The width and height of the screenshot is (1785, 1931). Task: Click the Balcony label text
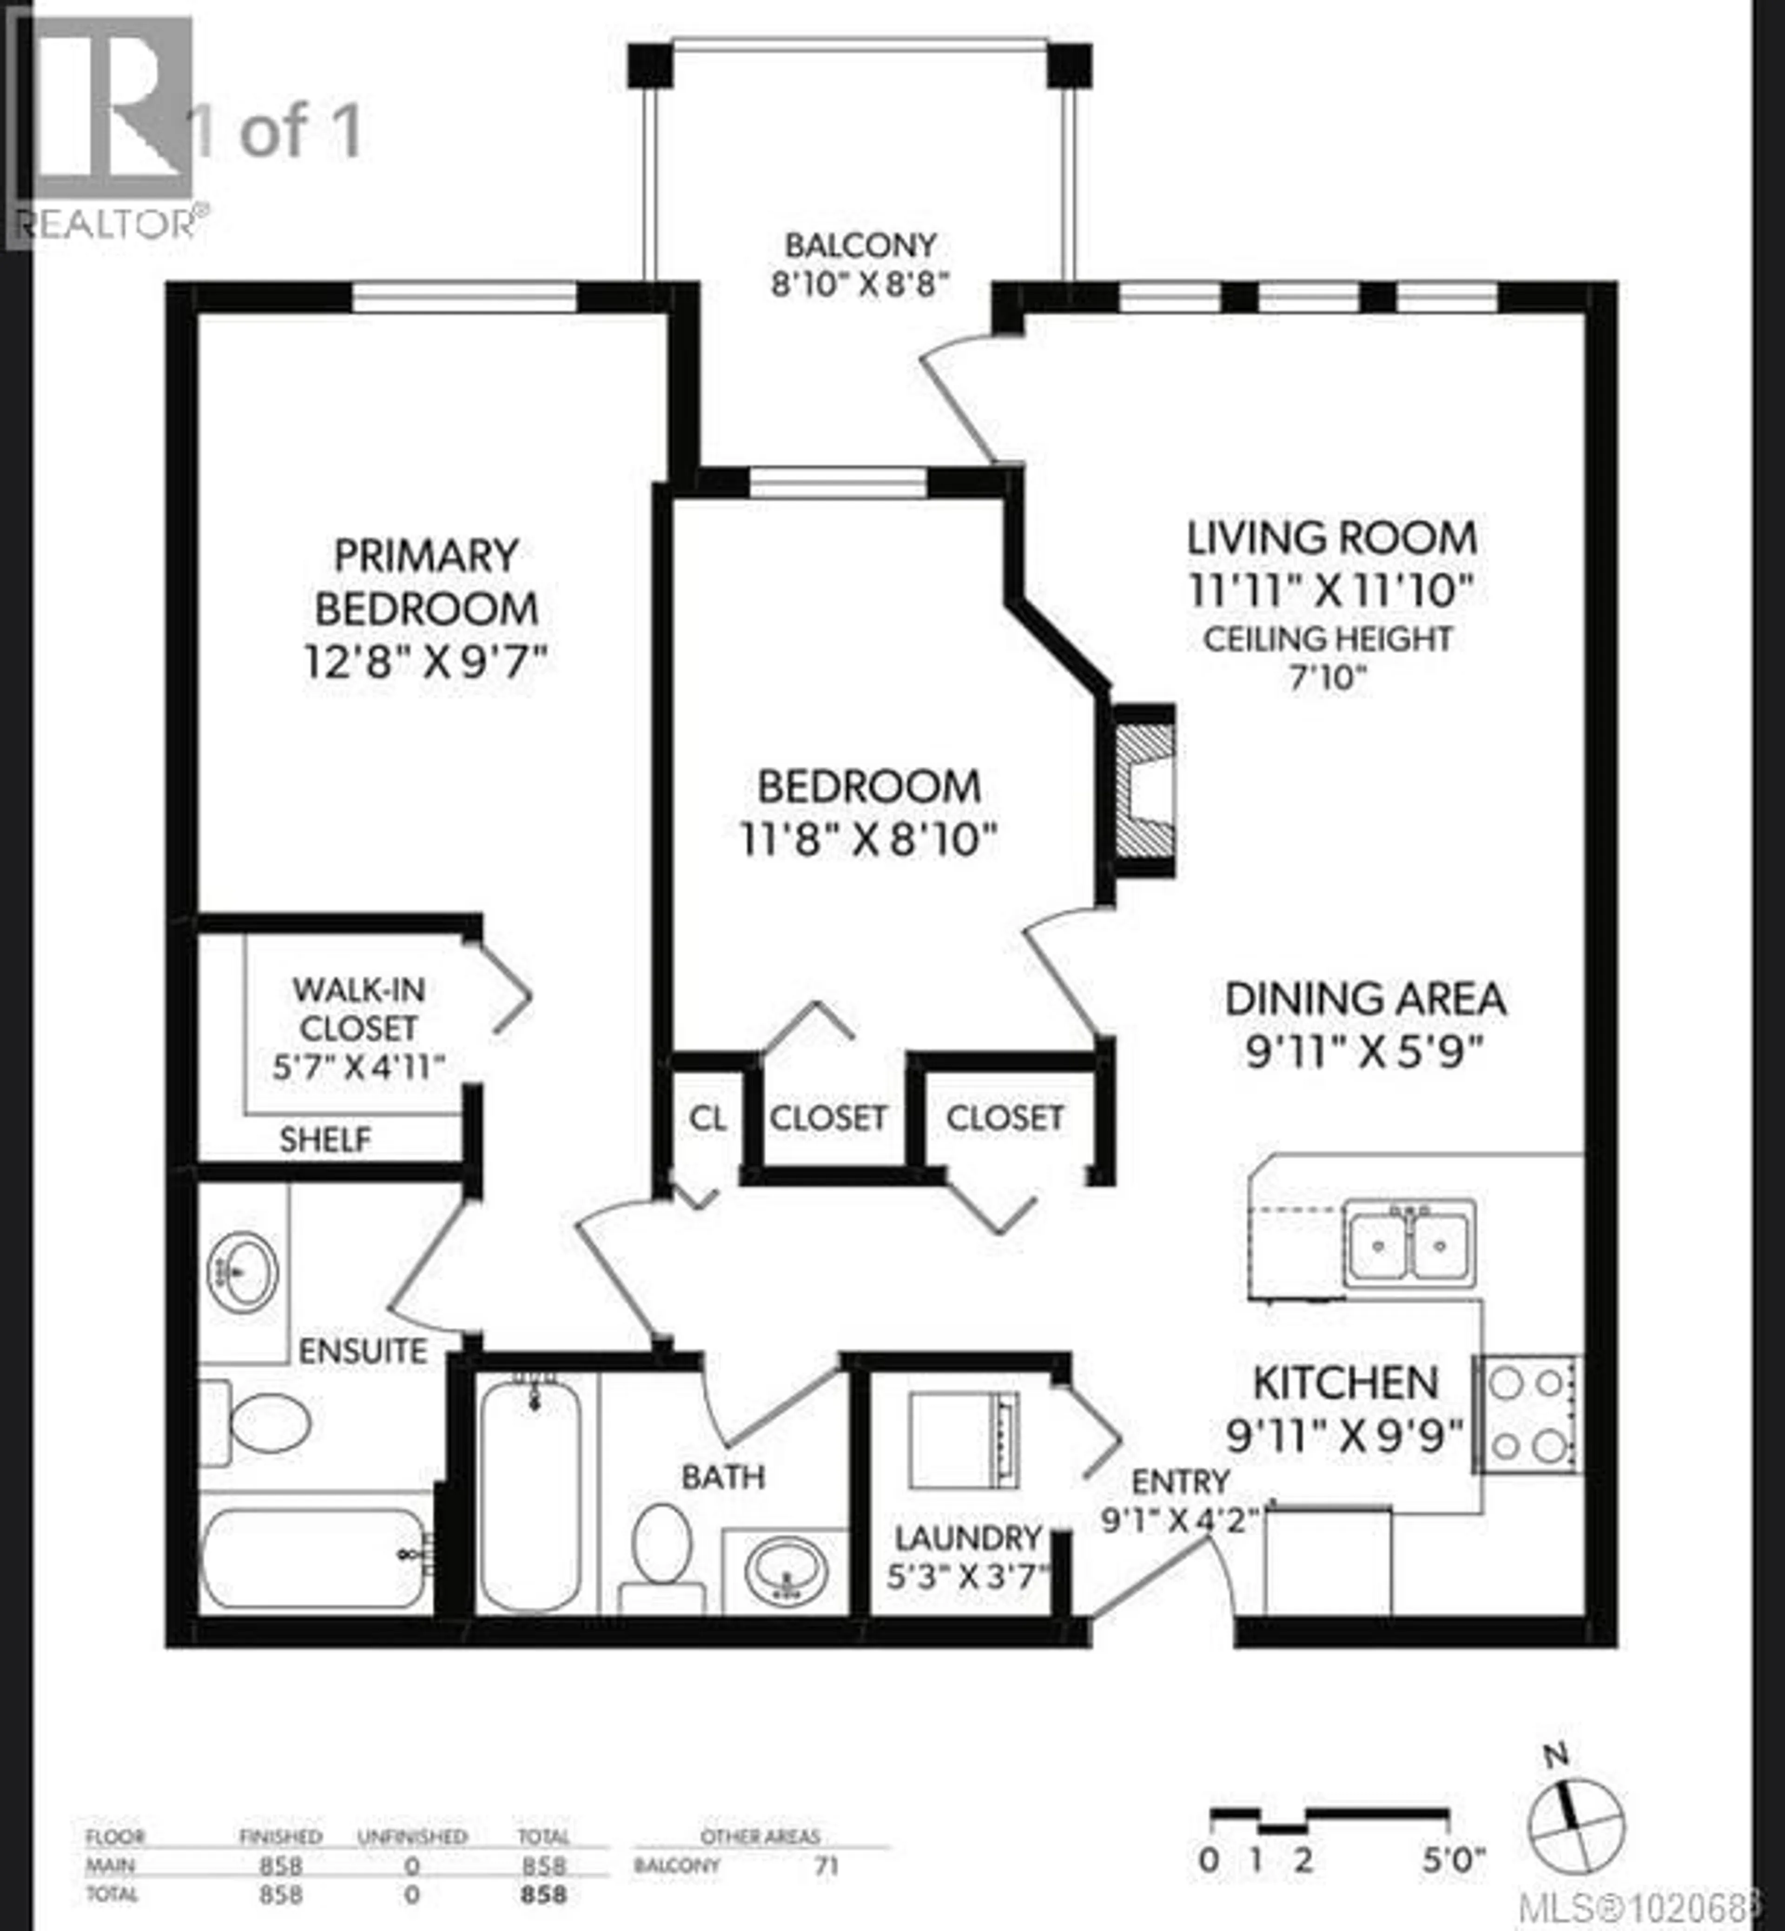click(859, 246)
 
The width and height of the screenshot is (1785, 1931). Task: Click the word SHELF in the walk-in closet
click(324, 1140)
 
